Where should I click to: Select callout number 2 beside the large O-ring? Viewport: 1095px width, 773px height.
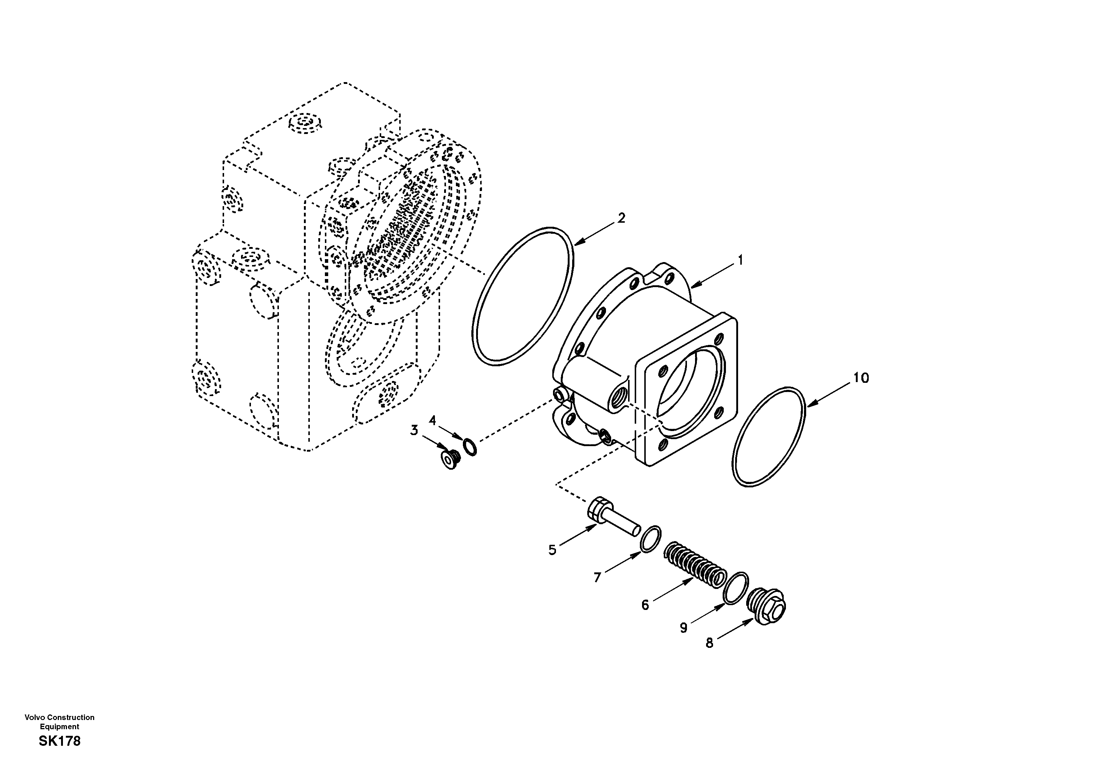point(621,218)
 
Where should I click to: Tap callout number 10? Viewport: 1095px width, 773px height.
point(861,378)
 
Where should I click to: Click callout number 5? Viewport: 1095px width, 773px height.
point(552,550)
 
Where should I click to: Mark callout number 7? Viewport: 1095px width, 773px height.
point(597,578)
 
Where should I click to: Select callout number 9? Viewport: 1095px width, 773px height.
point(683,628)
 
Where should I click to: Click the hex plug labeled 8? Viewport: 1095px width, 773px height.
point(767,607)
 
